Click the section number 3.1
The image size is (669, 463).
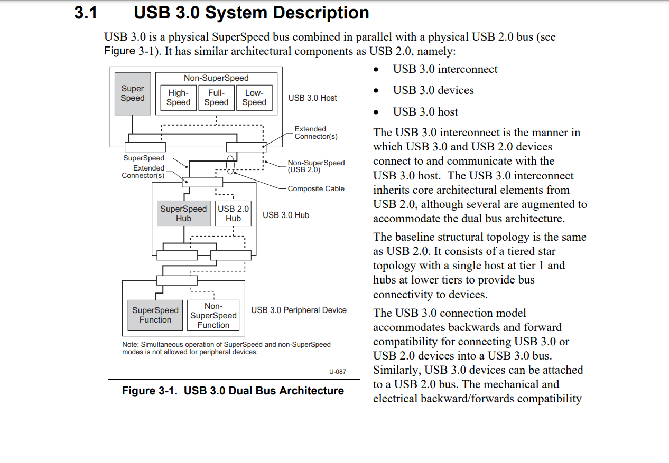coord(86,13)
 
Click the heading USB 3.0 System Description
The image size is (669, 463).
coord(251,13)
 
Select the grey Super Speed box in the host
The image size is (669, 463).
coord(132,93)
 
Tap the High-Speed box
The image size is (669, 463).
coord(178,98)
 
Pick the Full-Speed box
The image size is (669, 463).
coord(216,98)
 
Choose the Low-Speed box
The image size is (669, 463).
coord(254,98)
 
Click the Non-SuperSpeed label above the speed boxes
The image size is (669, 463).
coord(216,78)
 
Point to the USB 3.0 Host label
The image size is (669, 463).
coord(312,98)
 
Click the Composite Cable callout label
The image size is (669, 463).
coord(315,188)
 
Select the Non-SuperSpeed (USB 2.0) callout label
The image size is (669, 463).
coord(315,166)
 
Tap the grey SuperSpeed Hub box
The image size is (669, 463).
coord(183,213)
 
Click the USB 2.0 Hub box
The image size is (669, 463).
coord(233,213)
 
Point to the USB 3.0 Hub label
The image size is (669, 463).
coord(285,215)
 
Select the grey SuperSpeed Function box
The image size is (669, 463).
coord(155,315)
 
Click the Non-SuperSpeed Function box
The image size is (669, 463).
coord(213,316)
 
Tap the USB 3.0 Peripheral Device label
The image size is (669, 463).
coord(299,310)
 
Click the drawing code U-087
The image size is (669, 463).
coord(337,372)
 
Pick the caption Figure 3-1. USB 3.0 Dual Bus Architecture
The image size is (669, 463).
coord(233,391)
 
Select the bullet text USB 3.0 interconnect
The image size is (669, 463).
coord(445,69)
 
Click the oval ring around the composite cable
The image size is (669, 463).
coord(230,164)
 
